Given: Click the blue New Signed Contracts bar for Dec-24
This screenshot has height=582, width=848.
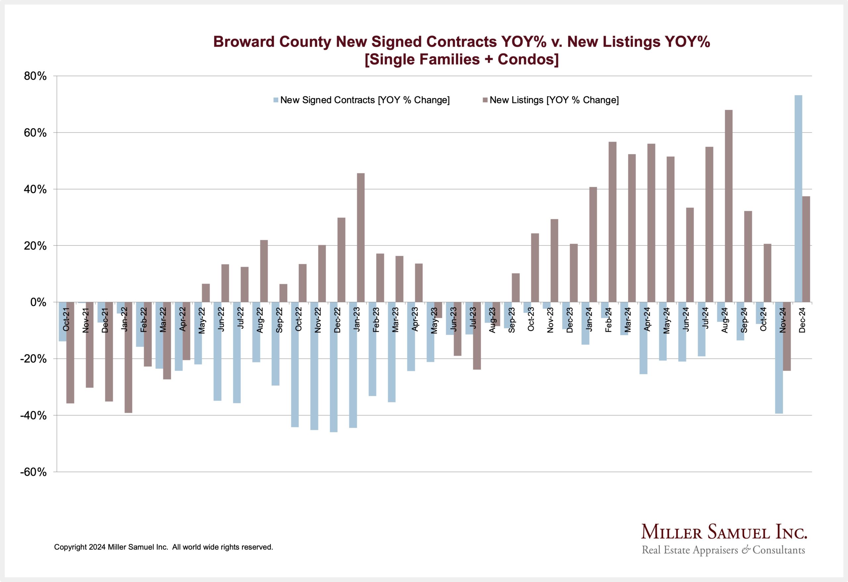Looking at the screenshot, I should click(x=798, y=198).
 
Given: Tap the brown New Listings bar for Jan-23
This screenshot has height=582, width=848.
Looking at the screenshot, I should click(x=360, y=238).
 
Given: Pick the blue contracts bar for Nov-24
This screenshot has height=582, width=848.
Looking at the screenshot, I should click(x=779, y=358).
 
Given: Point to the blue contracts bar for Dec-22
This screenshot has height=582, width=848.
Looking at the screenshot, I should click(x=334, y=367).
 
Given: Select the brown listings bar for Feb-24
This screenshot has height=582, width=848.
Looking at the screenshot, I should click(x=613, y=222).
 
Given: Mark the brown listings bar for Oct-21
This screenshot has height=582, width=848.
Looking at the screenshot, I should click(x=71, y=352).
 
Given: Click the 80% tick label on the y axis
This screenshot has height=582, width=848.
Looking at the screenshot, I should click(x=35, y=76).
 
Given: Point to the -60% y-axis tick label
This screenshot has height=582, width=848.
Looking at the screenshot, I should click(x=33, y=472).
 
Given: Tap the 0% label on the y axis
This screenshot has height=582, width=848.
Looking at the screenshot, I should click(x=38, y=302).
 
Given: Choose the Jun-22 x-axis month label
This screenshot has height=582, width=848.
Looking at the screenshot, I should click(x=221, y=320).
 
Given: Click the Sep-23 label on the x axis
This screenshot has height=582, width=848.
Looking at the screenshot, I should click(x=511, y=320).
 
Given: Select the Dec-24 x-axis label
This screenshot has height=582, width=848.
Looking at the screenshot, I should click(x=802, y=320).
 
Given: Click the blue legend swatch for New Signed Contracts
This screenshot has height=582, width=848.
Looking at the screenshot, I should click(x=276, y=100).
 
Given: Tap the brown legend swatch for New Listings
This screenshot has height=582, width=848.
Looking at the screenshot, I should click(x=485, y=100).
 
